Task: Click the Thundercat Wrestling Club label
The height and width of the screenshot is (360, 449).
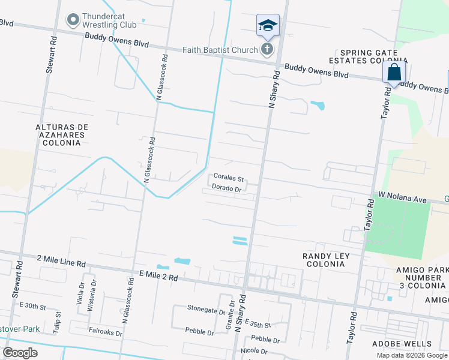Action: tap(110, 20)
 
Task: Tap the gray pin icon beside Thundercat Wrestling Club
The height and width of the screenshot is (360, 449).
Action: tap(73, 20)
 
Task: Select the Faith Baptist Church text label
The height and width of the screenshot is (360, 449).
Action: tap(221, 50)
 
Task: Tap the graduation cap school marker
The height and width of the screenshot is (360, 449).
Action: tap(268, 25)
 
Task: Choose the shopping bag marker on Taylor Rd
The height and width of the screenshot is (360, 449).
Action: tap(394, 72)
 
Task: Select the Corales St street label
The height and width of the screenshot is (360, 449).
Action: tap(229, 179)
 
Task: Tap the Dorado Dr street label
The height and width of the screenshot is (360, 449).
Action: tap(226, 188)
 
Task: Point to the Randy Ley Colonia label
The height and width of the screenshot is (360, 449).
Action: tap(326, 260)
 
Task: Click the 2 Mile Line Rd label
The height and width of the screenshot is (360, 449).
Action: tap(61, 262)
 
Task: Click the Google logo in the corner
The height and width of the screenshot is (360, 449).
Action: tap(20, 352)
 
